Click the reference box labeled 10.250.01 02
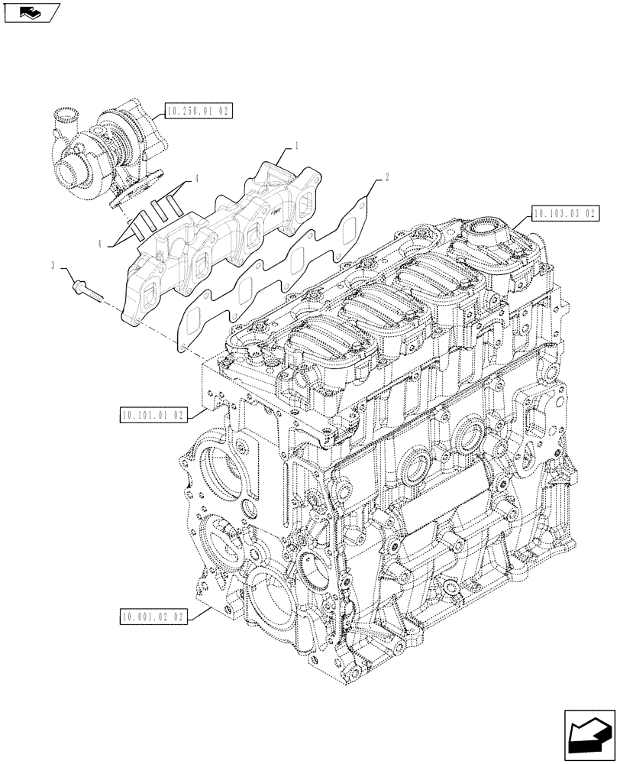(x=196, y=111)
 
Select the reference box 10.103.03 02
(x=562, y=213)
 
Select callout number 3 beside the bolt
(x=53, y=265)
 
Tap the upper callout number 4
(x=196, y=178)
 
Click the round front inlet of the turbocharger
(x=76, y=165)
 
